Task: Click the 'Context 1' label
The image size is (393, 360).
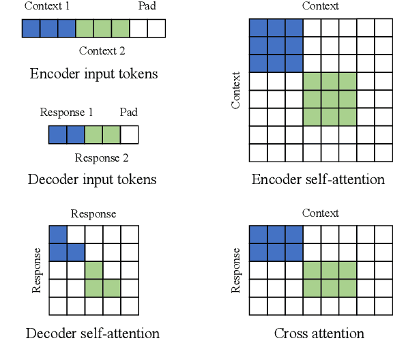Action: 47,7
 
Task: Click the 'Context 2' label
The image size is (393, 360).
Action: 102,50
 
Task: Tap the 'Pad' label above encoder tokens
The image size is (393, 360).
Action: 147,7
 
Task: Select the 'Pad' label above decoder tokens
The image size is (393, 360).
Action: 128,112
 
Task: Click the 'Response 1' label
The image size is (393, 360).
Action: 67,112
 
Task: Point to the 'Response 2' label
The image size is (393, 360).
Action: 102,158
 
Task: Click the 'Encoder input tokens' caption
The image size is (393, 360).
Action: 93,74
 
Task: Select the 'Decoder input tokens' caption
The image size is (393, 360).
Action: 92,180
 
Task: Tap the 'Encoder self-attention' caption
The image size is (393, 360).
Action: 318,180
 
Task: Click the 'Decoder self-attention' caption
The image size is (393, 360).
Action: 93,333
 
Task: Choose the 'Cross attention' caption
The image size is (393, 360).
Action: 319,333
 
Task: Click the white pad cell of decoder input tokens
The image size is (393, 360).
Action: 129,134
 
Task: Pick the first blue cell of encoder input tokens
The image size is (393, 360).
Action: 31,29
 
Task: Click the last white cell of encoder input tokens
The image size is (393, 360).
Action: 156,29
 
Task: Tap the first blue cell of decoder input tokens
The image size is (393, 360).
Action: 57,134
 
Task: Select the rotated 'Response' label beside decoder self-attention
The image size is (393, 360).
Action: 37,271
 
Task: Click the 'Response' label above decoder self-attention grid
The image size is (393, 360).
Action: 93,214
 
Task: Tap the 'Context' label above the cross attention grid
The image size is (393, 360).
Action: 321,213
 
